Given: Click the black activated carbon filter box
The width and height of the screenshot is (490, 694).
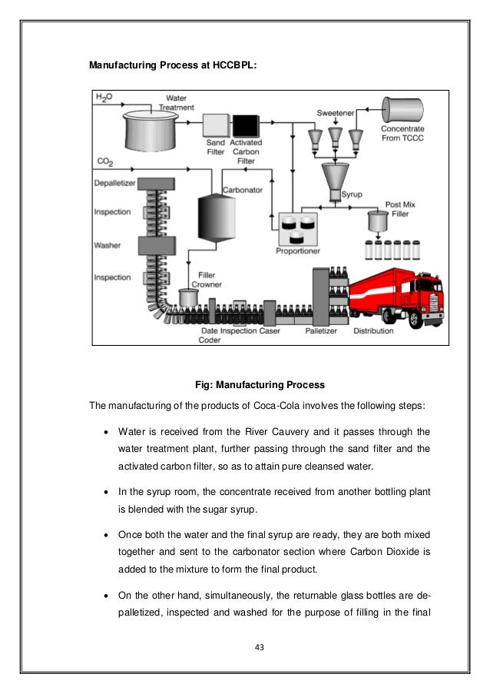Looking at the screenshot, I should tap(246, 125).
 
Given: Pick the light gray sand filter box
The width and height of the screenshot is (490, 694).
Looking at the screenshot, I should tap(216, 125).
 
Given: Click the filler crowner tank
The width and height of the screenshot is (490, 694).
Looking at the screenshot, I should tap(187, 297).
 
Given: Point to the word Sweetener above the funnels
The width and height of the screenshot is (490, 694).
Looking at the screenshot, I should tap(336, 113).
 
